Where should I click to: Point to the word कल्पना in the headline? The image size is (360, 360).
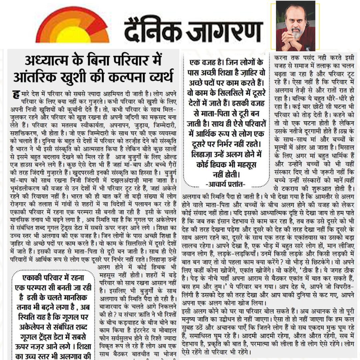point(127,77)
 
